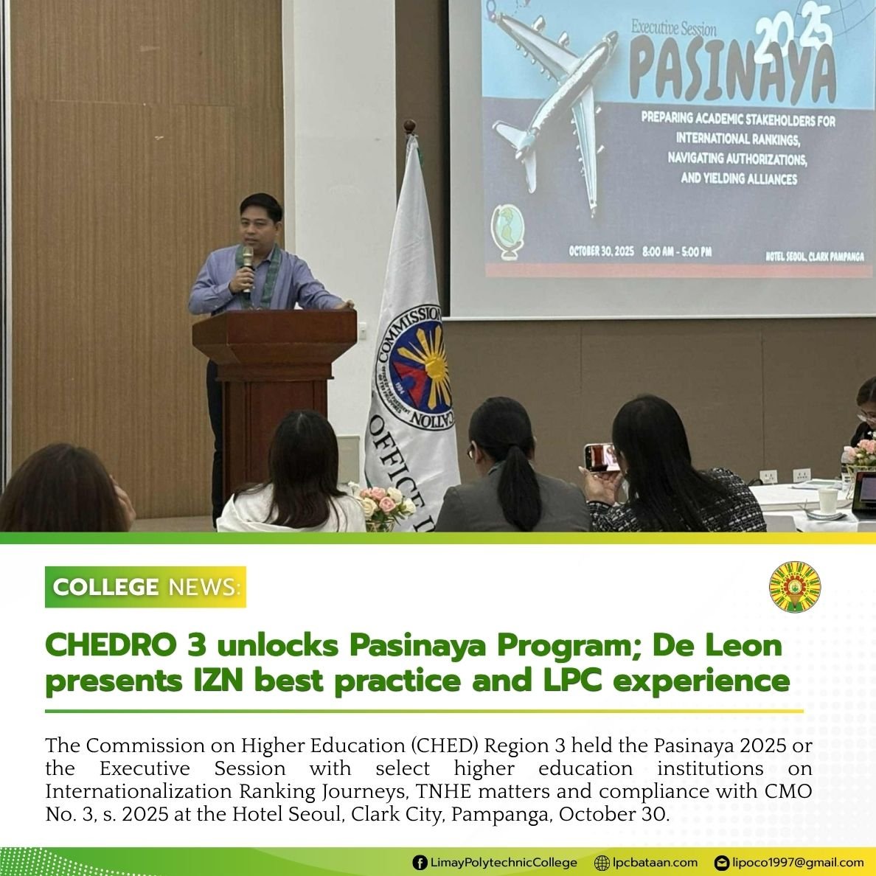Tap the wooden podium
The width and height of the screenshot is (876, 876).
tap(274, 369)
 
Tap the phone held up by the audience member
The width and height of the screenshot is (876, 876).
tap(602, 457)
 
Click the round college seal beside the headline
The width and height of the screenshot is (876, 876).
tap(794, 587)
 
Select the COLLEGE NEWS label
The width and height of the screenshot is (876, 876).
tap(145, 587)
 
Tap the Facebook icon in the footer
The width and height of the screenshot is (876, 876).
tap(420, 863)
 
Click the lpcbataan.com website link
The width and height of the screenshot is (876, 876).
tap(655, 863)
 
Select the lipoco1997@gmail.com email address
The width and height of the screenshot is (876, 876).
tap(798, 863)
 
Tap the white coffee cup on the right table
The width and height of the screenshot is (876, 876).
tap(828, 501)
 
